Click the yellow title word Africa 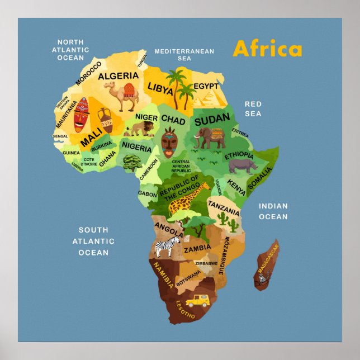pyautogui.click(x=267, y=49)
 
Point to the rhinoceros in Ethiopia pyautogui.click(x=244, y=165)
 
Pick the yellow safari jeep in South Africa pyautogui.click(x=197, y=301)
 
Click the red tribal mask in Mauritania pyautogui.click(x=82, y=114)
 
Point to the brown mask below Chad pyautogui.click(x=169, y=142)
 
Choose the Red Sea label pyautogui.click(x=253, y=109)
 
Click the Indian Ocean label pyautogui.click(x=273, y=211)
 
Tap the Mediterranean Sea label pyautogui.click(x=184, y=54)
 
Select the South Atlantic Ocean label pyautogui.click(x=93, y=241)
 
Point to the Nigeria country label pyautogui.click(x=136, y=148)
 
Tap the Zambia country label pyautogui.click(x=197, y=248)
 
